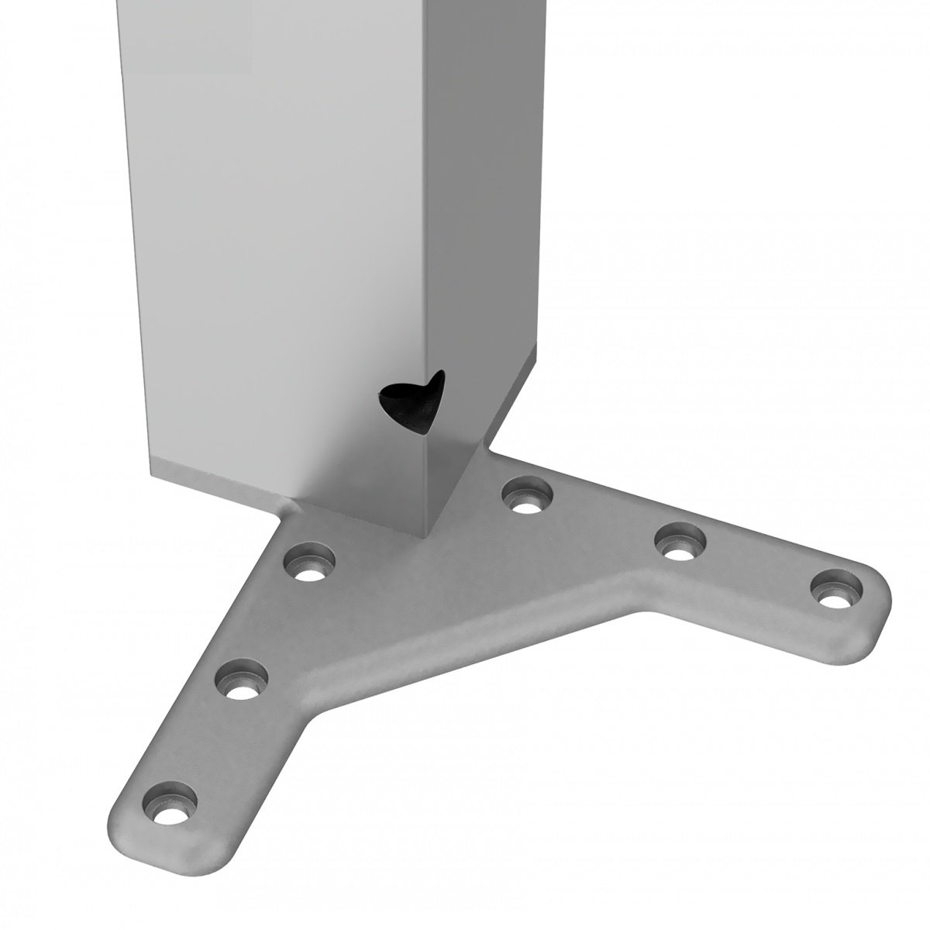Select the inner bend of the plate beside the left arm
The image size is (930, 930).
(x=314, y=717)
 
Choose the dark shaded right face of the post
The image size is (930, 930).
(x=480, y=232)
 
